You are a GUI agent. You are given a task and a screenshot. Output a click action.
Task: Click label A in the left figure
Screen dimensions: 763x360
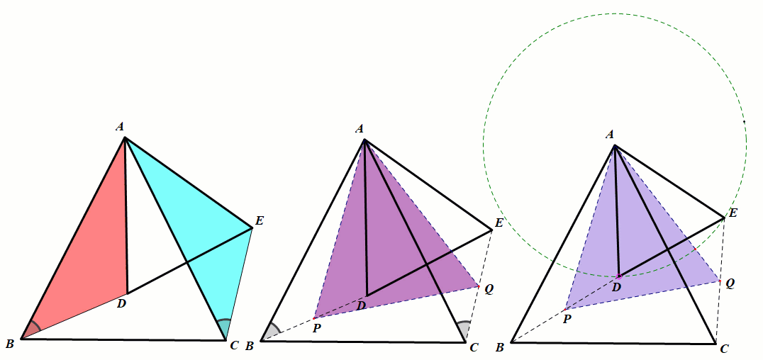(x=120, y=127)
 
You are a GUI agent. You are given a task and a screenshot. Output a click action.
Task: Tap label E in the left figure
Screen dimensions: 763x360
(x=259, y=220)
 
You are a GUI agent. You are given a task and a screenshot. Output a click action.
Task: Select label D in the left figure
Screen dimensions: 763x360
(x=121, y=304)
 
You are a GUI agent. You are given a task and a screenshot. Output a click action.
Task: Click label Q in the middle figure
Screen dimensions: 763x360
(x=489, y=288)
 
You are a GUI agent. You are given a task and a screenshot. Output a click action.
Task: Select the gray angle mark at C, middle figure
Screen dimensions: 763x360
(x=464, y=331)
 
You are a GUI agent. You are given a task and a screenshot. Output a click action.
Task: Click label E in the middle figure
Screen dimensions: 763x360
(x=499, y=223)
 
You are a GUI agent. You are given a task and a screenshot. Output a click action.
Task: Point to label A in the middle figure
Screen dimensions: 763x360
(x=360, y=128)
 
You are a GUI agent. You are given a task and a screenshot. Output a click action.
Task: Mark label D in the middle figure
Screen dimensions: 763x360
(x=362, y=305)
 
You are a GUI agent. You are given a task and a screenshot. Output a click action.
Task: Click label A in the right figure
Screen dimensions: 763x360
(x=610, y=134)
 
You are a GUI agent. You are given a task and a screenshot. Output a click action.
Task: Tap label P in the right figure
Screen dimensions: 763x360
(x=567, y=320)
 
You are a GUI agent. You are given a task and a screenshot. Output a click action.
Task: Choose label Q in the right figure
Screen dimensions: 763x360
(x=730, y=283)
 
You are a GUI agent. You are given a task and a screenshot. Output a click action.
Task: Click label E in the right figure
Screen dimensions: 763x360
(x=733, y=213)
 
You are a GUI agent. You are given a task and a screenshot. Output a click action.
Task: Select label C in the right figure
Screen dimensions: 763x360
(x=724, y=349)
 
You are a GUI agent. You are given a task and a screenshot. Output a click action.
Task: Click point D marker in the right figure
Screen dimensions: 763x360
(x=619, y=276)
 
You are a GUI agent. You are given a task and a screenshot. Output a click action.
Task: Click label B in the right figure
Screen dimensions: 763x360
(x=500, y=347)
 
